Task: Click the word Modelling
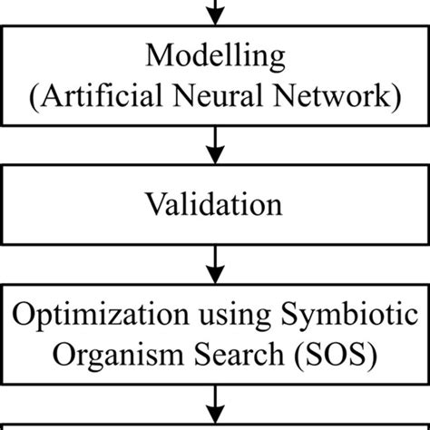[x=214, y=60]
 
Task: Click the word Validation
[x=214, y=200]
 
